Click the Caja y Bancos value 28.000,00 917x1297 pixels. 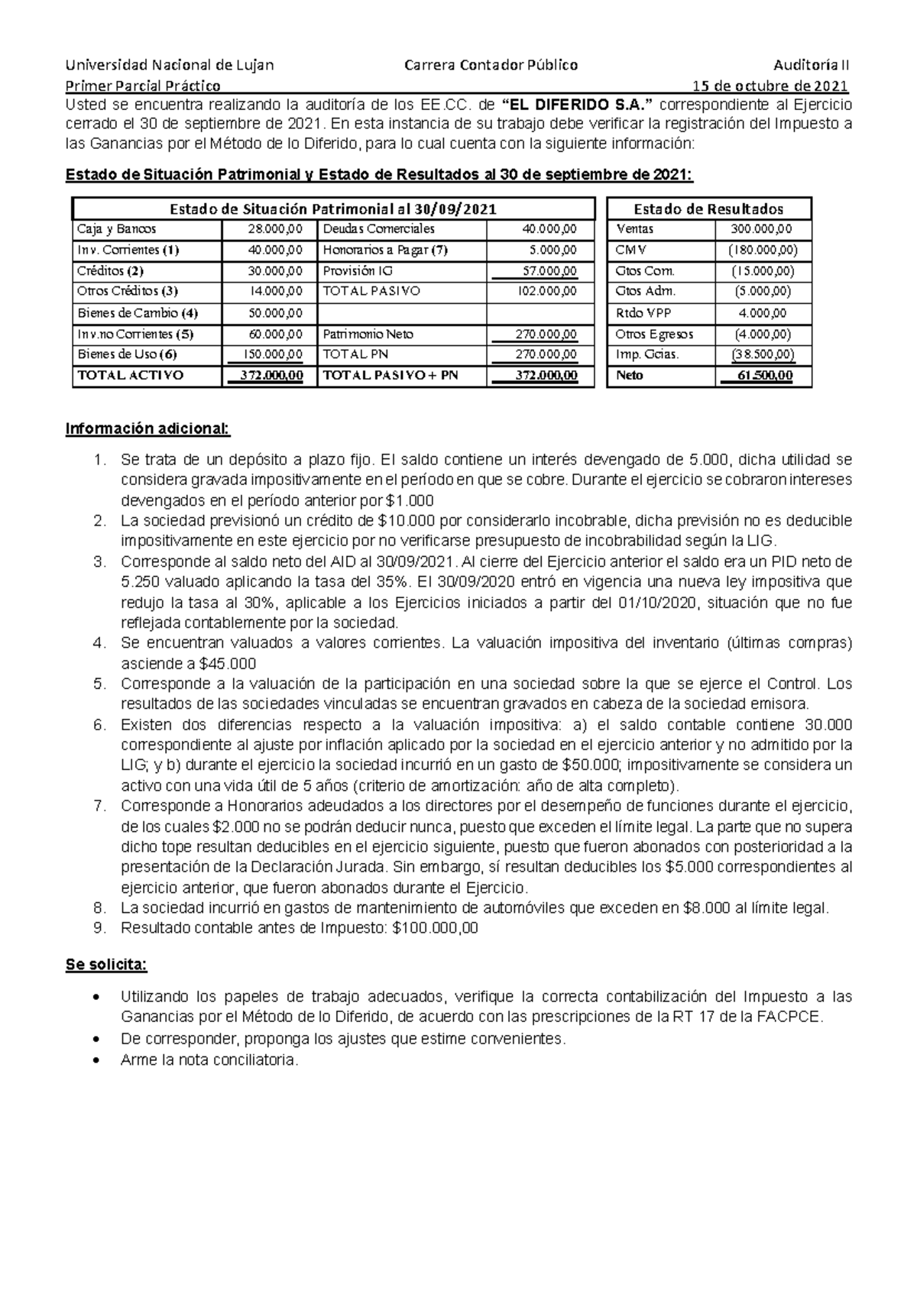[x=275, y=229]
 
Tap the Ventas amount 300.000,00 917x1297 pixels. [x=761, y=229]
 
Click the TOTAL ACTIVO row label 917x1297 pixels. [x=131, y=375]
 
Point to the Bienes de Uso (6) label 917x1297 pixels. [x=127, y=354]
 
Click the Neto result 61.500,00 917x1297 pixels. [x=765, y=375]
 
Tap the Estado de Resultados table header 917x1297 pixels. [x=708, y=209]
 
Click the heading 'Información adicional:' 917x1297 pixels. [x=147, y=429]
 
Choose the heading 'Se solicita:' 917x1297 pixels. [x=106, y=965]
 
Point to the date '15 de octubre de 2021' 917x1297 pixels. [x=770, y=86]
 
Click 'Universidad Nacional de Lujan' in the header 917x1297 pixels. [x=170, y=65]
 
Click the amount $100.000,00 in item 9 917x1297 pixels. [x=434, y=929]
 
